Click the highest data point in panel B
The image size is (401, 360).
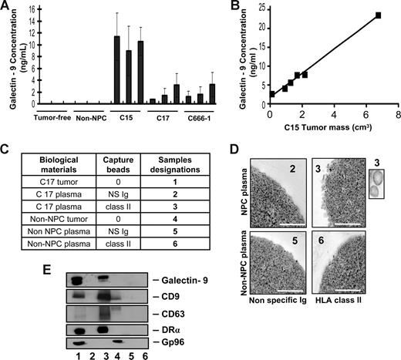[379, 15]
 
